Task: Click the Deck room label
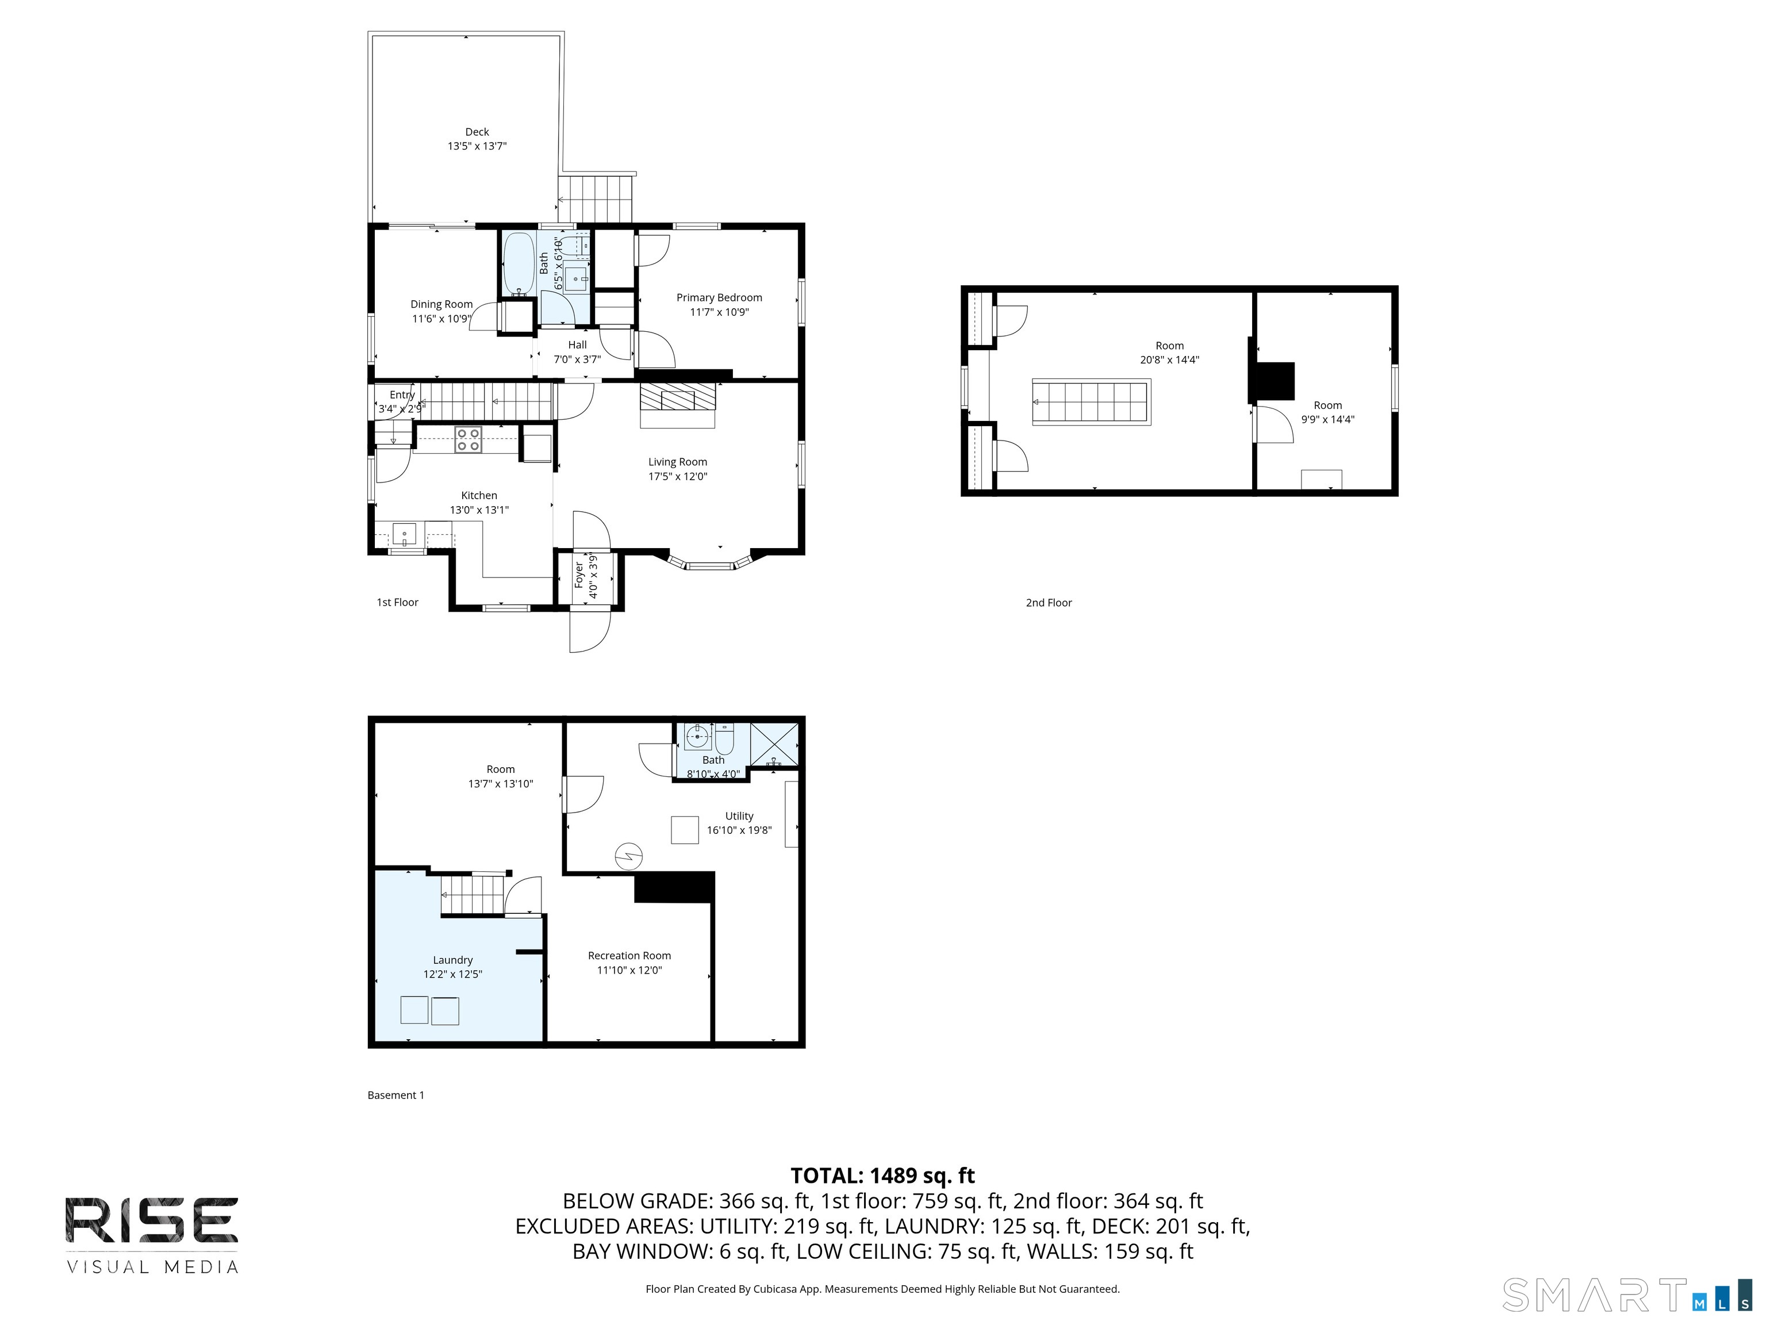(x=477, y=132)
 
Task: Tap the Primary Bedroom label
(x=719, y=298)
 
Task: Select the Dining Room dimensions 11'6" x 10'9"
(x=441, y=319)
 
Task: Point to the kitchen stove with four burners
(x=468, y=440)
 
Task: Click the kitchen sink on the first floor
(x=404, y=533)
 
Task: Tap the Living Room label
(x=677, y=462)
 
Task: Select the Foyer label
(x=579, y=575)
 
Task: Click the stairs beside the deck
(x=595, y=199)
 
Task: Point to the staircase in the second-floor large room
(x=1091, y=402)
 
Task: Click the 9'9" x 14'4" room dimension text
(x=1328, y=419)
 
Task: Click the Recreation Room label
(x=629, y=955)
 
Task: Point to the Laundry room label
(x=452, y=960)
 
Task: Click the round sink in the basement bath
(x=698, y=736)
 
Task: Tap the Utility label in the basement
(x=739, y=816)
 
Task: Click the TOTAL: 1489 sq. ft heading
(x=882, y=1175)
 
